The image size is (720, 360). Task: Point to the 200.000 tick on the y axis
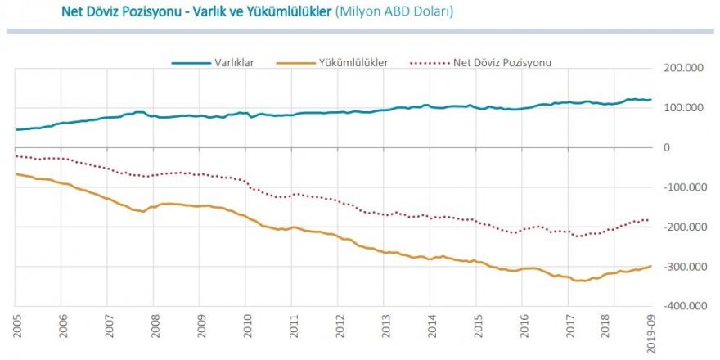click(686, 69)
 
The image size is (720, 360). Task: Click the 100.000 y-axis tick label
click(686, 108)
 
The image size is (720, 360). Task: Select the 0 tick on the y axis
click(667, 147)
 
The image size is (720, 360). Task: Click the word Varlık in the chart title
click(223, 12)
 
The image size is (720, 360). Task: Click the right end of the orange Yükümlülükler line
click(651, 265)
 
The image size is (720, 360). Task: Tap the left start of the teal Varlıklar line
click(16, 129)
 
